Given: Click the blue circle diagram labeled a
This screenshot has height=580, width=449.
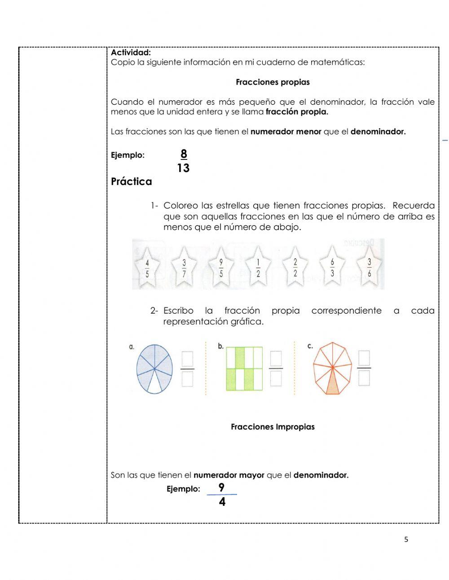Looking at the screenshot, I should click(x=154, y=369).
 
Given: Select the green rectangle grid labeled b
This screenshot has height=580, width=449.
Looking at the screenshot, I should click(x=244, y=368).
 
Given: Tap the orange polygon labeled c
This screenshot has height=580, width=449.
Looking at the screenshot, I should click(x=333, y=368).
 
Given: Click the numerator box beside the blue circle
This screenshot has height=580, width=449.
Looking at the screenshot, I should click(x=187, y=359).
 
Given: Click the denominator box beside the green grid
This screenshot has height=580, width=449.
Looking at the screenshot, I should click(x=276, y=378).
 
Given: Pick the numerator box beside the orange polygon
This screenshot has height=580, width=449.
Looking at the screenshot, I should click(x=364, y=359).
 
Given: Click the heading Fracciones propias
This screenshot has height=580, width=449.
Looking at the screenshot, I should click(x=273, y=82).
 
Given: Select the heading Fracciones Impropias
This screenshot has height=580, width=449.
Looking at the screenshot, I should click(x=273, y=427).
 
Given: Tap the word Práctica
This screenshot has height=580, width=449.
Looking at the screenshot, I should click(x=132, y=182).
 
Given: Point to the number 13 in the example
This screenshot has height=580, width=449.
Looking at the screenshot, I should click(x=183, y=168).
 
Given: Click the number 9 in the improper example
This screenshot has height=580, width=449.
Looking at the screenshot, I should click(x=221, y=487).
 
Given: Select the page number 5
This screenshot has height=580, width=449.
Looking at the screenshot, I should click(x=406, y=540).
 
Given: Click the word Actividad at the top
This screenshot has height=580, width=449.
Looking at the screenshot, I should click(x=131, y=53).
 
